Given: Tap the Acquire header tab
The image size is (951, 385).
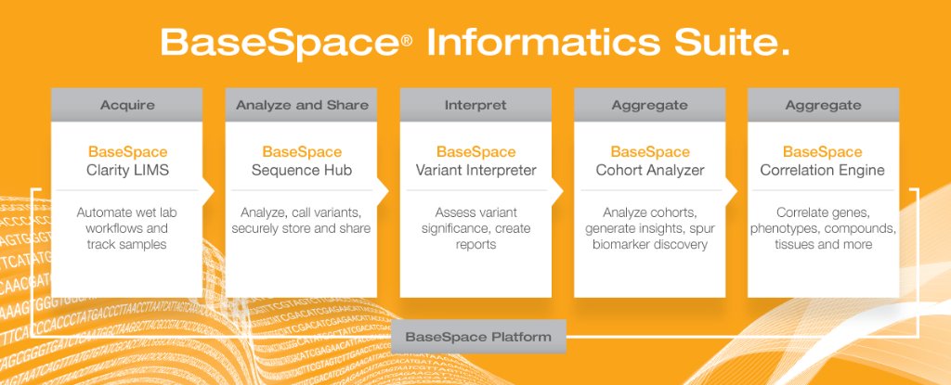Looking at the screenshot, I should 126,105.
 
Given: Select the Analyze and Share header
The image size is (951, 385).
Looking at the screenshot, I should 302,105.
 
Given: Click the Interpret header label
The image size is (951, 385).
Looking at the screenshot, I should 475,105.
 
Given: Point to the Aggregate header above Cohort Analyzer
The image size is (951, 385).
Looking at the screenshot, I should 649,105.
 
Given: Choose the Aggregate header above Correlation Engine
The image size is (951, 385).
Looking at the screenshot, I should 823,105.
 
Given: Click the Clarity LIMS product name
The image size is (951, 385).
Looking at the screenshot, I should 126,170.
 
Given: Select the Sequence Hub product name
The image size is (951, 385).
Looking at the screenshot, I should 302,170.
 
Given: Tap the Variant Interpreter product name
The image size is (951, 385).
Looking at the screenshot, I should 475,170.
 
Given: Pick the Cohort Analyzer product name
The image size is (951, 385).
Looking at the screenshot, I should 649,170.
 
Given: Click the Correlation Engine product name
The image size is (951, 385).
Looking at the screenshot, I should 823,170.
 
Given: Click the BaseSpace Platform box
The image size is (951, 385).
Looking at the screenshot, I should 477,337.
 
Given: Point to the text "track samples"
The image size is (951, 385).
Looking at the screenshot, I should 126,244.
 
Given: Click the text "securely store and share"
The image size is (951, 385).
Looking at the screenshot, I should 302,228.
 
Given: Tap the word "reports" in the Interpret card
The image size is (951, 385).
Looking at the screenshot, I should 475,244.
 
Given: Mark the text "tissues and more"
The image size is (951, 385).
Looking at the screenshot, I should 823,244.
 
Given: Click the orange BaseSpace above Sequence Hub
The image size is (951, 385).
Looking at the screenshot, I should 302,151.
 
